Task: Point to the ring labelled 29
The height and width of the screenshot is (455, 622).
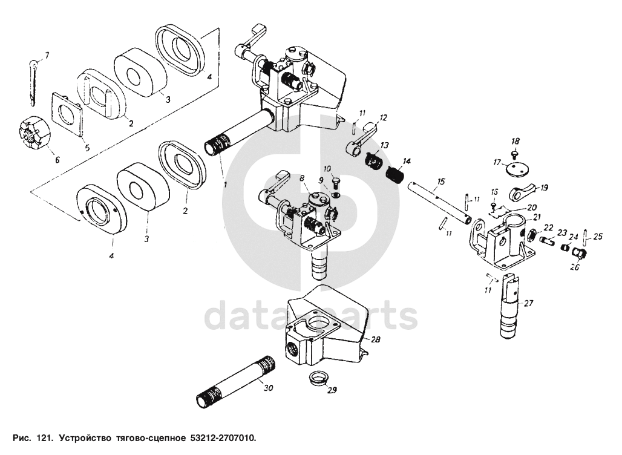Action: tap(317, 379)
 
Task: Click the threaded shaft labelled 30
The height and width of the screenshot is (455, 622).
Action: tap(236, 381)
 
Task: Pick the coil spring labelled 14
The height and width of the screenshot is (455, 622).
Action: tap(396, 174)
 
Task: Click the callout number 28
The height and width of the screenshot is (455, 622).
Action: tap(376, 340)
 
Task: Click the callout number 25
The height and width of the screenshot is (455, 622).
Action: tap(598, 236)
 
